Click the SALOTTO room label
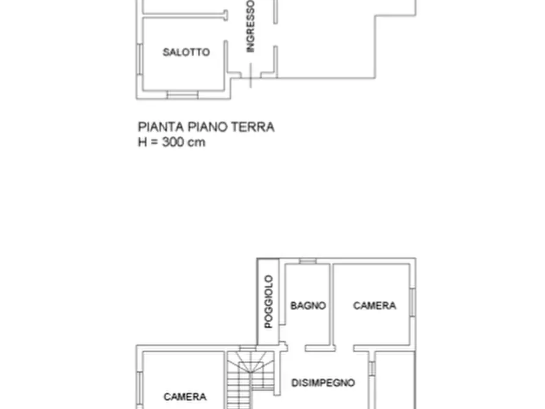click(186, 52)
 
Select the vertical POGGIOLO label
click(268, 302)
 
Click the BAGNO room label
click(308, 306)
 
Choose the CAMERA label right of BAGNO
click(375, 306)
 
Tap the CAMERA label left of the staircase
click(185, 397)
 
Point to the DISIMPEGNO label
click(323, 383)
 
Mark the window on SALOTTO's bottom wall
click(182, 95)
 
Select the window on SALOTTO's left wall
click(139, 57)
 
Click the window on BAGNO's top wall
click(308, 261)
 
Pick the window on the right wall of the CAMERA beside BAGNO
click(413, 302)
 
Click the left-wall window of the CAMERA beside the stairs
click(139, 391)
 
